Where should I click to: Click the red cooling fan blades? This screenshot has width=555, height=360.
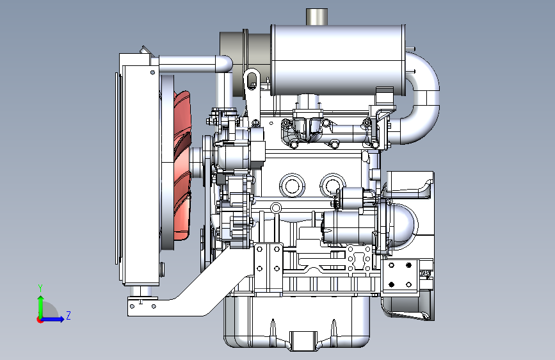pyautogui.click(x=182, y=165)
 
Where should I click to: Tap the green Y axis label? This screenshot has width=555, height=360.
pyautogui.click(x=40, y=288)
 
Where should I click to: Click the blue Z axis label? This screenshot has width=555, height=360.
pyautogui.click(x=68, y=315)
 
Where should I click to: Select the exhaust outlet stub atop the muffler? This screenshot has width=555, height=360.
pyautogui.click(x=317, y=17)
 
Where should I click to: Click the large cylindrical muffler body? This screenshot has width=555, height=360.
pyautogui.click(x=338, y=60)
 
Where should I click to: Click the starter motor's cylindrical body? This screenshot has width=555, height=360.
pyautogui.click(x=349, y=227)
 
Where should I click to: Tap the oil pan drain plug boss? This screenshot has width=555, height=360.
pyautogui.click(x=303, y=341)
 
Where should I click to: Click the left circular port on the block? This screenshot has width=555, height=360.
pyautogui.click(x=292, y=186)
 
